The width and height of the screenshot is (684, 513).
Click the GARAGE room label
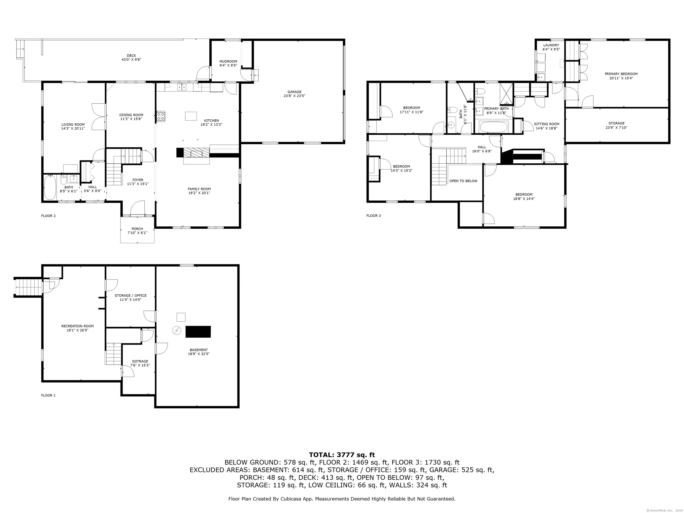294,92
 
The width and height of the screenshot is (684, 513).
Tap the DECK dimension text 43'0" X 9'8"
131,60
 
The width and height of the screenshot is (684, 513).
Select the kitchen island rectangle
191,116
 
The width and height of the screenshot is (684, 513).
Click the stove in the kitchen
161,116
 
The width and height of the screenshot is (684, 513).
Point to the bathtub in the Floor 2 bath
50,187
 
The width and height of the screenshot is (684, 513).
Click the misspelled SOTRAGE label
140,361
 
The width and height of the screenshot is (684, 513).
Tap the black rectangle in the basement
198,332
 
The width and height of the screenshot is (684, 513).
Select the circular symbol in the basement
177,331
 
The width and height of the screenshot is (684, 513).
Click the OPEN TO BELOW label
463,181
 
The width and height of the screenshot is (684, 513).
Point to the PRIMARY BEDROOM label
621,74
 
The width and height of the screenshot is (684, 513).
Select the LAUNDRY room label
551,45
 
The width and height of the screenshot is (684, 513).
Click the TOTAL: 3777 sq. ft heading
342,455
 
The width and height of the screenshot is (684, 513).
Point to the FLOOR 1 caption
48,395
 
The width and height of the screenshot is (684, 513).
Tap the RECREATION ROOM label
77,326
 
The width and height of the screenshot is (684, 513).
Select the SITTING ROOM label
546,124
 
